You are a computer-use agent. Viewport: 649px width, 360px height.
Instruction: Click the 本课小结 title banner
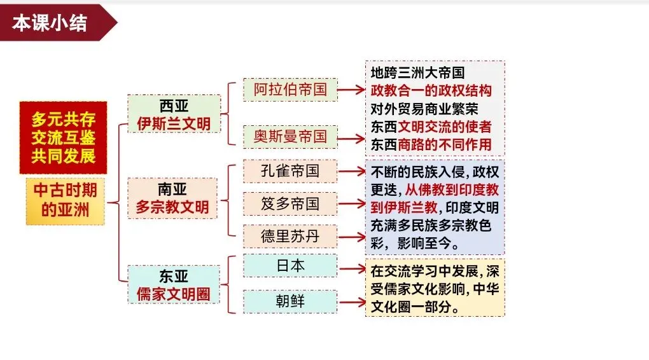[51, 23]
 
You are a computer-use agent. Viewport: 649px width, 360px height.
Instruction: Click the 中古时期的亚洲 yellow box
[65, 201]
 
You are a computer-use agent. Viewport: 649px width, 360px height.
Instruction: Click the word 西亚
[174, 105]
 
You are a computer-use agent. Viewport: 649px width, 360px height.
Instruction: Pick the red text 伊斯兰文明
[174, 123]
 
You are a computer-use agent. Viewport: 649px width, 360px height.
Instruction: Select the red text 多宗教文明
[174, 207]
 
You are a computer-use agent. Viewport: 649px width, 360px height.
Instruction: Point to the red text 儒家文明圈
[174, 294]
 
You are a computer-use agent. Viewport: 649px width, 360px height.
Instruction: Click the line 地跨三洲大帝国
[417, 73]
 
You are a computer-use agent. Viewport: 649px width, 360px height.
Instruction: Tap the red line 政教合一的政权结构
[431, 90]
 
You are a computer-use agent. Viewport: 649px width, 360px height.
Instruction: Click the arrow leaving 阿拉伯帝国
[351, 90]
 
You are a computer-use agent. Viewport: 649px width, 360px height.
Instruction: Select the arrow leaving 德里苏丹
[351, 237]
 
